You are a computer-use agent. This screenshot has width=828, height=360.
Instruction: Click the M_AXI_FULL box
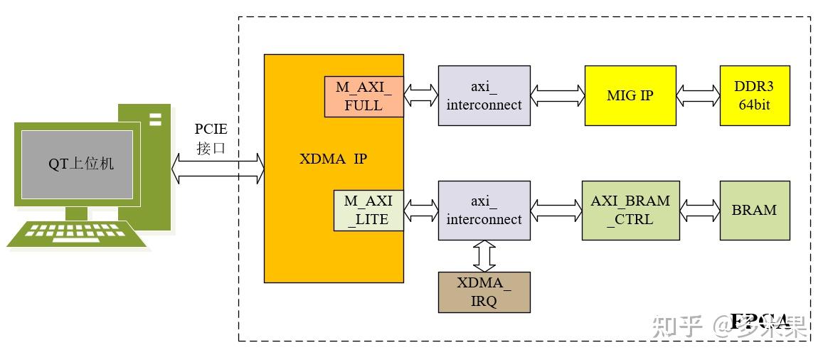[364, 96]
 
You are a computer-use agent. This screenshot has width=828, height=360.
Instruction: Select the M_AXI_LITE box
[368, 211]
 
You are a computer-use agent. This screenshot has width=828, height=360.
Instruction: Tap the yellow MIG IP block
[630, 95]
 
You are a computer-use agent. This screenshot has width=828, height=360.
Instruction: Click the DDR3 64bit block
[754, 95]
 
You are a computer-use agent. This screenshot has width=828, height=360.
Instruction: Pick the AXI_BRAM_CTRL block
[630, 210]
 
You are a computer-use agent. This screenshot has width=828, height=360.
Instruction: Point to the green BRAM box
[754, 210]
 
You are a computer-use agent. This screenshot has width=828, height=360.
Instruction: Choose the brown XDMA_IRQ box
[484, 292]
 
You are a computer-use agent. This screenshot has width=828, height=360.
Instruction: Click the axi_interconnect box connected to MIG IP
[484, 95]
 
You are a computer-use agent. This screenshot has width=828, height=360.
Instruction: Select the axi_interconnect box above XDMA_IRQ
[484, 210]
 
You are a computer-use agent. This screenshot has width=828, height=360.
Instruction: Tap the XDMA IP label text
[333, 159]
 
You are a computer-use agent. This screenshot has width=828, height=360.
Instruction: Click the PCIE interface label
[211, 139]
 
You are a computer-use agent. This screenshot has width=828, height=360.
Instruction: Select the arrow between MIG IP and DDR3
[697, 95]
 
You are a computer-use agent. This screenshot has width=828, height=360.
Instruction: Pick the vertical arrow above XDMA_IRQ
[484, 255]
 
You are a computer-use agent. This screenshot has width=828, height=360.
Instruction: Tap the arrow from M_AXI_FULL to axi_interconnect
[420, 95]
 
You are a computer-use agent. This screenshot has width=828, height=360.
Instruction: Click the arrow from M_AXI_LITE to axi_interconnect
[420, 210]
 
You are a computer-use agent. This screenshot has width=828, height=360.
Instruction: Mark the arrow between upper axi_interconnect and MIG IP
[557, 95]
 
